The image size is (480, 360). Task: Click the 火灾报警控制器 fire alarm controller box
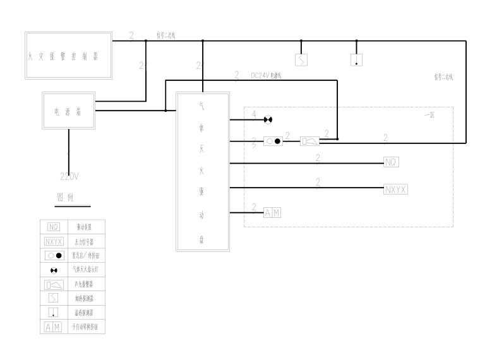pyautogui.click(x=68, y=55)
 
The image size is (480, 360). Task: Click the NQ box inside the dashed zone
pyautogui.click(x=391, y=163)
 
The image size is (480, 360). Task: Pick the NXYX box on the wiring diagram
pyautogui.click(x=395, y=188)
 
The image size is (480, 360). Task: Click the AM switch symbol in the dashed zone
pyautogui.click(x=272, y=213)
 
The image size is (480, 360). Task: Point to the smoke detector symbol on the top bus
pyautogui.click(x=301, y=59)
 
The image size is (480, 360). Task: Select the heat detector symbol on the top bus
pyautogui.click(x=356, y=59)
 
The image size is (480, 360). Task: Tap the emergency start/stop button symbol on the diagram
pyautogui.click(x=273, y=141)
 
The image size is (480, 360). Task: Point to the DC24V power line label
pyautogui.click(x=266, y=75)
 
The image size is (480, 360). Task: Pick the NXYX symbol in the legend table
pyautogui.click(x=54, y=241)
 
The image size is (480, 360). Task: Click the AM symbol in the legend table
pyautogui.click(x=54, y=327)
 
